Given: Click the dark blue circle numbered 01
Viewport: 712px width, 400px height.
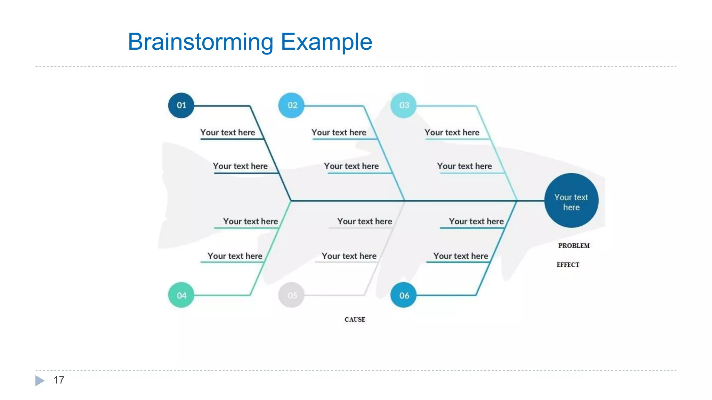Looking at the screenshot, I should (181, 105).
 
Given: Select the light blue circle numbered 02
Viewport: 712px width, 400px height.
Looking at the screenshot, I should (291, 105).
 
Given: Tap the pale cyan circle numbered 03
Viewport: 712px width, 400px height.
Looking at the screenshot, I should (403, 105).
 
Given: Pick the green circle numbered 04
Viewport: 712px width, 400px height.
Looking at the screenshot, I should (181, 295).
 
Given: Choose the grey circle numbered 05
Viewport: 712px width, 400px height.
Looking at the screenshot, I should (291, 295).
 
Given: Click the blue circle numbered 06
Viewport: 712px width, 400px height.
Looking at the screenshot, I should (403, 295).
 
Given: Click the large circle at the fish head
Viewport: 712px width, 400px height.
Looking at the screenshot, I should (571, 201).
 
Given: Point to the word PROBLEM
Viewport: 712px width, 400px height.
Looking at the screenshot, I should (574, 245).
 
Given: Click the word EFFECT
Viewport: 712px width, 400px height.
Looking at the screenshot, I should (568, 265).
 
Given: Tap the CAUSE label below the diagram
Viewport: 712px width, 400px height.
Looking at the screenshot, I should (355, 319).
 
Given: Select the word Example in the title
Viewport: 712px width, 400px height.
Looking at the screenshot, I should (326, 42).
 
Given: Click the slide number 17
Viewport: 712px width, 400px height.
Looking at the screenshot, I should (59, 380).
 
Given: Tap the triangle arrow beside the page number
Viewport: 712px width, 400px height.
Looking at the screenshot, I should (40, 381).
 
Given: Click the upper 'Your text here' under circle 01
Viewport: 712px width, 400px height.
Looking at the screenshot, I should (227, 132).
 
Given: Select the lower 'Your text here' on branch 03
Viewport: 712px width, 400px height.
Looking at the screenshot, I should (464, 166).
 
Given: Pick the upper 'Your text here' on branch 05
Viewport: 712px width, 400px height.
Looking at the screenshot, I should (364, 221).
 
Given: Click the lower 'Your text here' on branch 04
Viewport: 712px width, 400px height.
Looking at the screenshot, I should (235, 256).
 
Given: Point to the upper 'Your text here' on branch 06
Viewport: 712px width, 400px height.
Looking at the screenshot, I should (476, 221).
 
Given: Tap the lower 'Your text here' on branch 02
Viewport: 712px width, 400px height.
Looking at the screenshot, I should (351, 166).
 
